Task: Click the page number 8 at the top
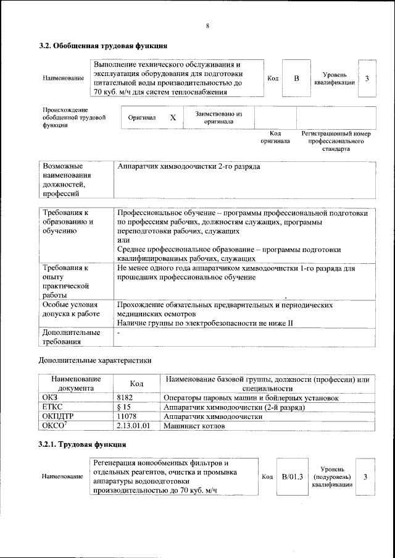(208, 26)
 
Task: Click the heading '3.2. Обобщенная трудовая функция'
(102, 46)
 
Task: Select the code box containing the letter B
(296, 78)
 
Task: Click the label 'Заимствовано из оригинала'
(218, 117)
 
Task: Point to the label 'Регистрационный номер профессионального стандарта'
(336, 141)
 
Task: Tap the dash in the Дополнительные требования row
(118, 332)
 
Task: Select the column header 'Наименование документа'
(76, 383)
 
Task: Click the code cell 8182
(125, 398)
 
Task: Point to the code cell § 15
(124, 407)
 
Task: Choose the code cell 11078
(127, 416)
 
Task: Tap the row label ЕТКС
(53, 407)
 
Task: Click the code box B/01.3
(294, 476)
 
